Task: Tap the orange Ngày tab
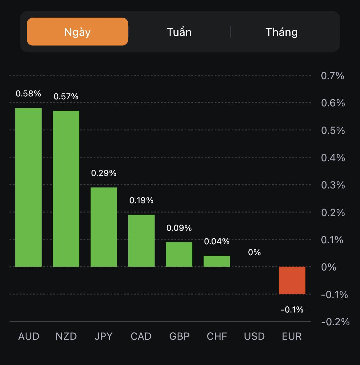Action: point(77,32)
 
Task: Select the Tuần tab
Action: point(179,32)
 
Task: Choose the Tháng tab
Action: point(282,32)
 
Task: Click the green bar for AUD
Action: point(28,187)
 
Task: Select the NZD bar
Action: point(66,189)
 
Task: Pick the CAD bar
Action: point(141,240)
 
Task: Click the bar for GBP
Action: point(179,254)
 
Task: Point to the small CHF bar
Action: point(217,261)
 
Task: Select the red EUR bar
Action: point(292,280)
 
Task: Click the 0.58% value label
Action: point(28,93)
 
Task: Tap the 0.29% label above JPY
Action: point(104,173)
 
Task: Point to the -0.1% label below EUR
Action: point(292,310)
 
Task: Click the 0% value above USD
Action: point(254,252)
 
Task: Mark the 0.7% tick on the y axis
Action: point(332,76)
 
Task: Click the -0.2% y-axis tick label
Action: point(335,322)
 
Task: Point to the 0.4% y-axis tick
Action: point(333,158)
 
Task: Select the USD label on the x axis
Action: point(254,336)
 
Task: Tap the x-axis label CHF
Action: point(217,336)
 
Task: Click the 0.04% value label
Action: point(217,241)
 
